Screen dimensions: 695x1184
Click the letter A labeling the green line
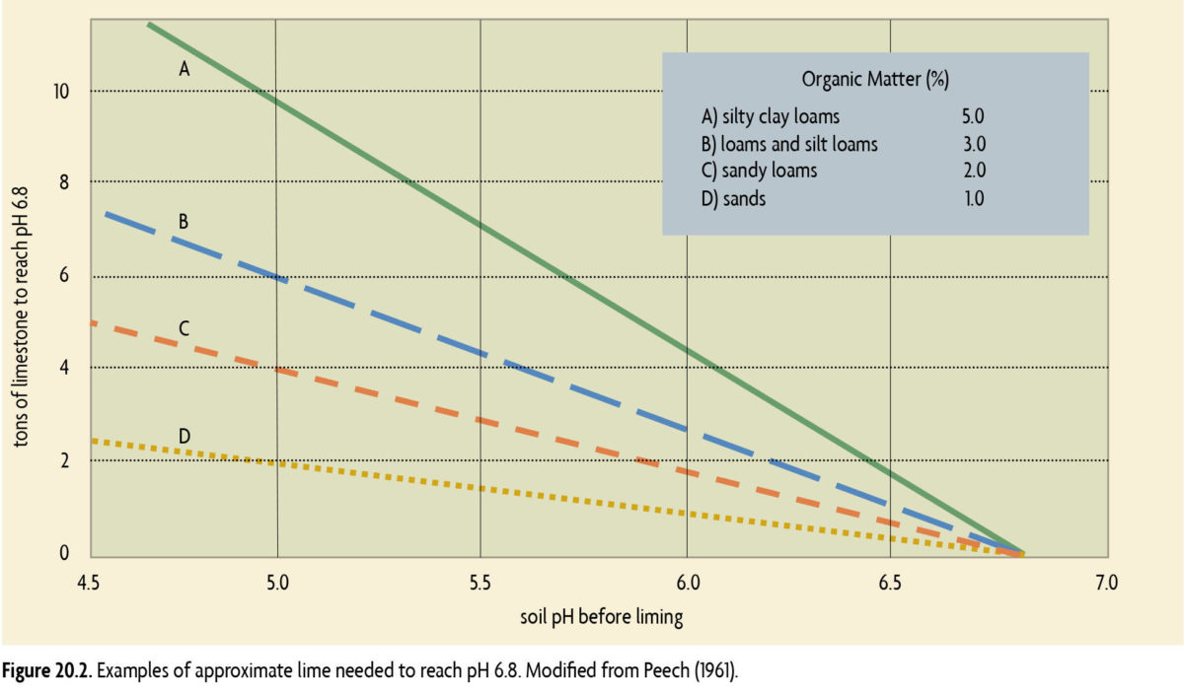[x=184, y=69]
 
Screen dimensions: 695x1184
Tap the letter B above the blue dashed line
[x=184, y=222]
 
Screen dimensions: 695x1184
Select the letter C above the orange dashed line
[x=184, y=327]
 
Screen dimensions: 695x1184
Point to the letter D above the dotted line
[x=185, y=436]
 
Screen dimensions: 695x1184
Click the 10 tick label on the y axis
[x=61, y=92]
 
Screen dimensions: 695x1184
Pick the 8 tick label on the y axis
[x=65, y=181]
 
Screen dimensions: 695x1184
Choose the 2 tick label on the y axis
[x=65, y=460]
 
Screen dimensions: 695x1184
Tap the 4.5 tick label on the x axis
[x=89, y=583]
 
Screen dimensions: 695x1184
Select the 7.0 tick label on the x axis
[x=1106, y=583]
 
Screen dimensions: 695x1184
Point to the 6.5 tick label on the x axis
[x=890, y=583]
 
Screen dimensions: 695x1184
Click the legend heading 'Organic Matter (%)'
[x=875, y=81]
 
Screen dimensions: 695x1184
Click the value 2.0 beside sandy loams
[x=973, y=171]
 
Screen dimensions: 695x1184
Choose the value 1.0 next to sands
[x=973, y=198]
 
